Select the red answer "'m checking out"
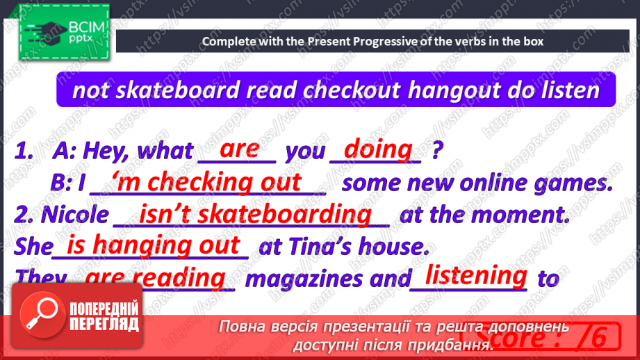click(209, 181)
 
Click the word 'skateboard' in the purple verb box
click(177, 90)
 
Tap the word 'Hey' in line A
click(106, 151)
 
